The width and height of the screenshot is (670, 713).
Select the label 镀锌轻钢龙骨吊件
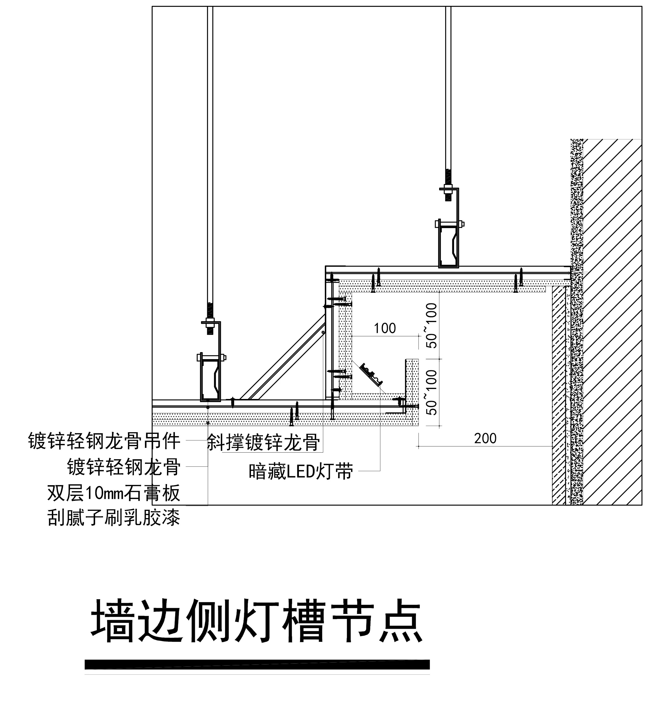[104, 441]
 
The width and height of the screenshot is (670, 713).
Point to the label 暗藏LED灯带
[301, 471]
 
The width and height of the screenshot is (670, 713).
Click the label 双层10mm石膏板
[114, 493]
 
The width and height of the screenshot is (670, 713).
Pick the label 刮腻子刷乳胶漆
[114, 518]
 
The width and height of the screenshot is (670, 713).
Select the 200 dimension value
[485, 438]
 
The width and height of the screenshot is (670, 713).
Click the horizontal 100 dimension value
[385, 328]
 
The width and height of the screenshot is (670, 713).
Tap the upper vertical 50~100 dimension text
[432, 326]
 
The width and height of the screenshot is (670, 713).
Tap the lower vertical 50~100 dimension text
[432, 392]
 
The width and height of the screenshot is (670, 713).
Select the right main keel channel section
[448, 245]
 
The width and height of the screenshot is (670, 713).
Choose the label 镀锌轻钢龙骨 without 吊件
[124, 467]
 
